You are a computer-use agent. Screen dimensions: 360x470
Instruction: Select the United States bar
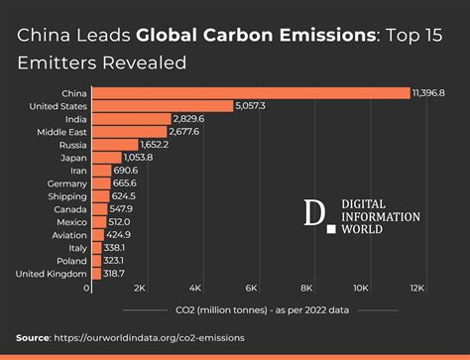pyautogui.click(x=162, y=105)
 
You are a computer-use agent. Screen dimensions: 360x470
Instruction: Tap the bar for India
pyautogui.click(x=130, y=118)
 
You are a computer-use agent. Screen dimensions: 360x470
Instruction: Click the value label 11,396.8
pyautogui.click(x=429, y=92)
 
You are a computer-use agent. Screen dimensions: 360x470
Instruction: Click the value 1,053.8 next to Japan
pyautogui.click(x=136, y=157)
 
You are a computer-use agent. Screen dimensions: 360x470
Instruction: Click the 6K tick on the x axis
pyautogui.click(x=252, y=288)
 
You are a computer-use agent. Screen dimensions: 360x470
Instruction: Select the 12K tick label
pyautogui.click(x=416, y=288)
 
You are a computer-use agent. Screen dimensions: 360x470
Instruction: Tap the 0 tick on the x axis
pyautogui.click(x=88, y=288)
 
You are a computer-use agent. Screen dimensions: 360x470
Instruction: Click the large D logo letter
pyautogui.click(x=314, y=214)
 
